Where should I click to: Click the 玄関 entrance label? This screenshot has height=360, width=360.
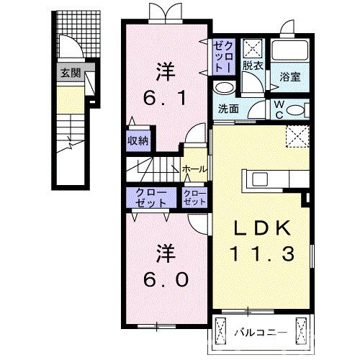tap(70, 73)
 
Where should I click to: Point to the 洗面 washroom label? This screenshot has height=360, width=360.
tap(228, 109)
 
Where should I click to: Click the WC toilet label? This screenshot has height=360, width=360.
tap(279, 109)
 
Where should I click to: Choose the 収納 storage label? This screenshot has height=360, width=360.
tap(138, 140)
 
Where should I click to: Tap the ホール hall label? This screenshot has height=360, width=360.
tap(194, 168)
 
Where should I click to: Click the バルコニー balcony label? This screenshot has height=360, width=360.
tap(261, 333)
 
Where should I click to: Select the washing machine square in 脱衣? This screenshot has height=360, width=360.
tap(253, 48)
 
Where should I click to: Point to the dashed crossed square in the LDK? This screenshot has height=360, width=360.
tap(295, 135)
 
